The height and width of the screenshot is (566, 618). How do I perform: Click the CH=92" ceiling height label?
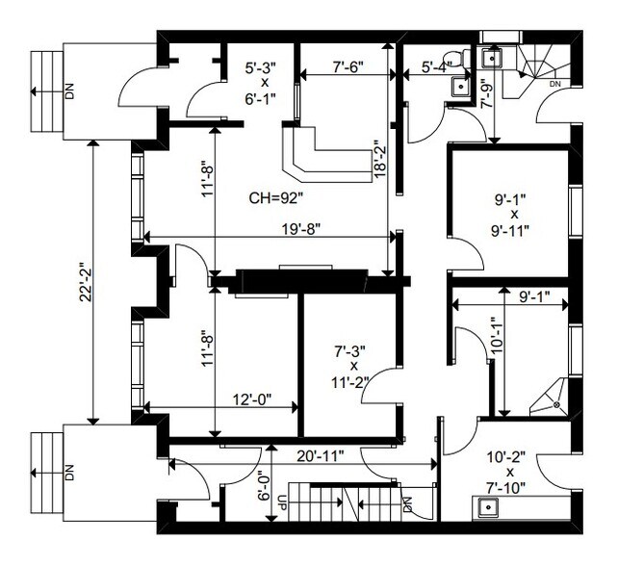pyautogui.click(x=276, y=199)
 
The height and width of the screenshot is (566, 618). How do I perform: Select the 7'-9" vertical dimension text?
pyautogui.click(x=488, y=98)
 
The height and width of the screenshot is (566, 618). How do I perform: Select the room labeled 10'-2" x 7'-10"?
pyautogui.click(x=507, y=472)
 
